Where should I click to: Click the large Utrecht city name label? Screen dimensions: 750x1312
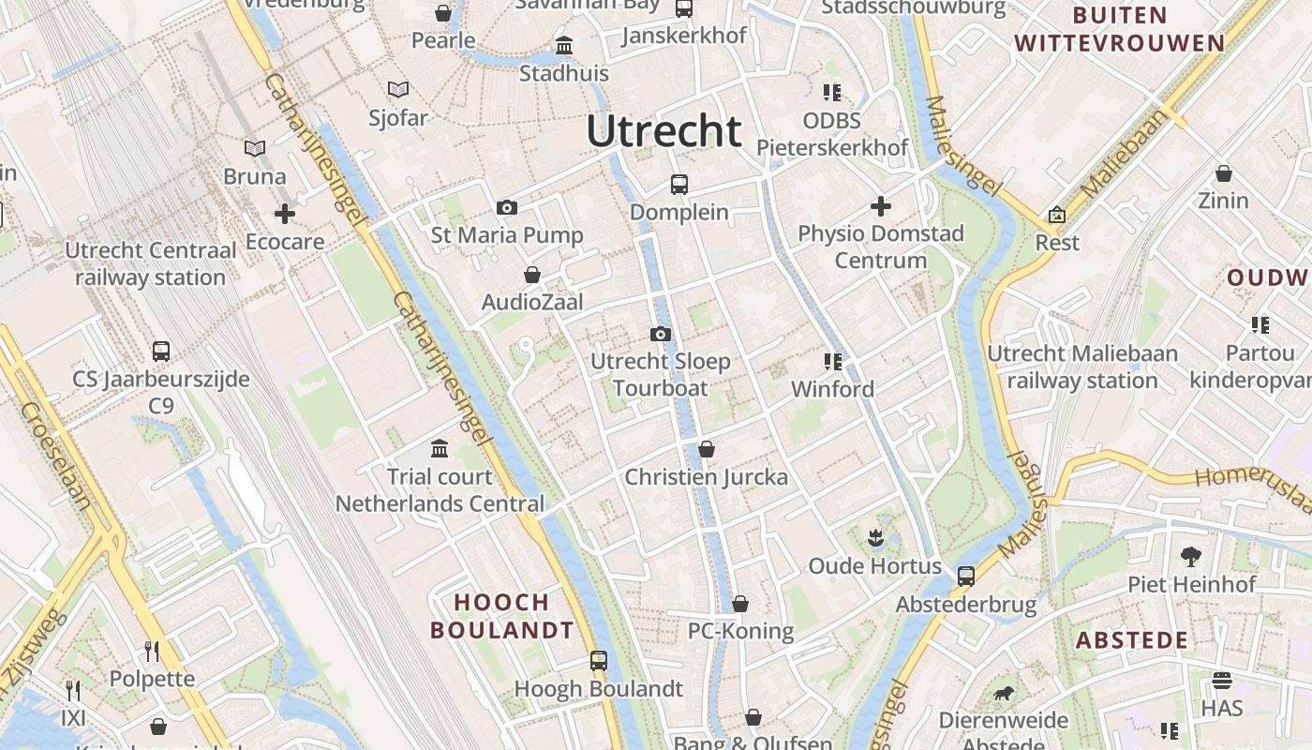tap(663, 131)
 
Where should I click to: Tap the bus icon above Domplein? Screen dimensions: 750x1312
tap(679, 185)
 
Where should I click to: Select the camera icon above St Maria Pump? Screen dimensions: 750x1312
tap(507, 207)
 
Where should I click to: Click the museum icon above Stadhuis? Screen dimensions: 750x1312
tap(564, 45)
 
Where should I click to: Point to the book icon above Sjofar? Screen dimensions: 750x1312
tap(398, 89)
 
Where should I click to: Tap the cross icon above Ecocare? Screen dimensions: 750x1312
tap(284, 214)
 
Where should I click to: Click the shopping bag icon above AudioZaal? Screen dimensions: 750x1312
tap(532, 275)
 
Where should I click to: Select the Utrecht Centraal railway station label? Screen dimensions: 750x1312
tap(151, 264)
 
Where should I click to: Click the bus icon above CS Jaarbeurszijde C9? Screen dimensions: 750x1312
tap(161, 352)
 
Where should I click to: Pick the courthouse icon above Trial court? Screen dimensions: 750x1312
tap(440, 448)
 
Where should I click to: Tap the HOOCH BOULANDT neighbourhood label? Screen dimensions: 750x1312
tap(501, 616)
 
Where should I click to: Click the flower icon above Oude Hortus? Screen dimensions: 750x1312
tap(875, 537)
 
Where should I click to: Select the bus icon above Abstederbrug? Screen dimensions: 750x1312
tap(966, 576)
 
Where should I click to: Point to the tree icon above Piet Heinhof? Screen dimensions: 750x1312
tap(1191, 556)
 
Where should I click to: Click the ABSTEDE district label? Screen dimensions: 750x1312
tap(1132, 641)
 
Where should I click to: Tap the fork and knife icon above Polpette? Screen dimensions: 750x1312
tap(152, 651)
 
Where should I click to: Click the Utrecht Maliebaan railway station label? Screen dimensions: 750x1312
tap(1082, 367)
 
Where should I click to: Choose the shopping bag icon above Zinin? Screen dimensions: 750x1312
tap(1223, 173)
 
